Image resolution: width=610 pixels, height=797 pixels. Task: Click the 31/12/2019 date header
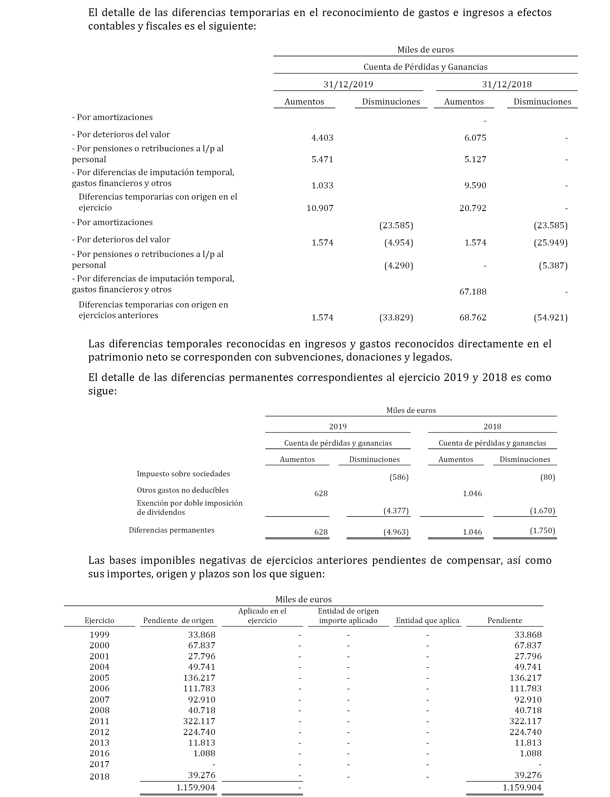tap(348, 84)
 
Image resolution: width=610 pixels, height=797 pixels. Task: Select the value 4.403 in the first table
tap(322, 138)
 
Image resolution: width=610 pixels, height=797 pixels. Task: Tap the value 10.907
tap(320, 208)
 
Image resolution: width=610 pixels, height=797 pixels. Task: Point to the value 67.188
tap(473, 292)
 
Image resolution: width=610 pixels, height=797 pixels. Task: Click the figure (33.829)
tap(396, 318)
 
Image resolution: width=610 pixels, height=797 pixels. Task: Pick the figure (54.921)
tap(550, 318)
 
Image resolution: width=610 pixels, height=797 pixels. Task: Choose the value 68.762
tap(473, 318)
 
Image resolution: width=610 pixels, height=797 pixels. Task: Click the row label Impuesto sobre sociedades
tap(183, 474)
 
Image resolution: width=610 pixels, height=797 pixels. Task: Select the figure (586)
tap(399, 477)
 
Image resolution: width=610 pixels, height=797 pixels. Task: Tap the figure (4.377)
tap(396, 511)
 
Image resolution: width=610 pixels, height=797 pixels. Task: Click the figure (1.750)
tap(543, 530)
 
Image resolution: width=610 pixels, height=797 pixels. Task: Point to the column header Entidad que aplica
tap(427, 620)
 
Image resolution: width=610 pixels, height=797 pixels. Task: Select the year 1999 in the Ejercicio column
tap(100, 634)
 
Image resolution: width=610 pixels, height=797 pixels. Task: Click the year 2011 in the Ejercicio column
tap(100, 721)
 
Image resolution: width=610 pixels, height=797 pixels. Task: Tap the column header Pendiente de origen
tap(178, 620)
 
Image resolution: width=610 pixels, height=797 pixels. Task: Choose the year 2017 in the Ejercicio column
tap(100, 764)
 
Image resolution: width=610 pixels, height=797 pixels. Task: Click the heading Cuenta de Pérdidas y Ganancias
tap(425, 67)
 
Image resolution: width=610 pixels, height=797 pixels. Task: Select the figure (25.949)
tap(550, 242)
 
